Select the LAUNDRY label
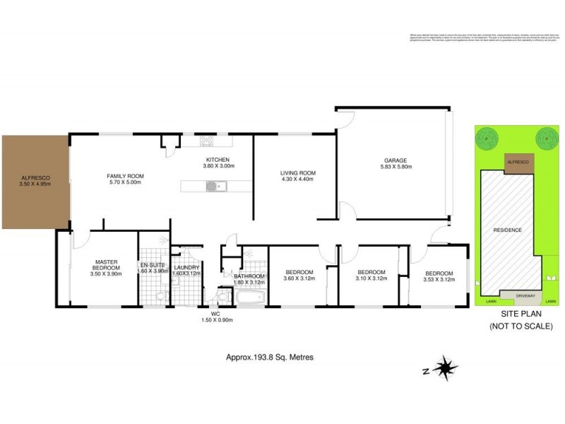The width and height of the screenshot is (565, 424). click(x=186, y=267)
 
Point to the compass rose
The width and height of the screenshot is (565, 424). click(x=445, y=367)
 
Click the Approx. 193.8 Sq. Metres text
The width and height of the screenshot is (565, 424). click(x=265, y=358)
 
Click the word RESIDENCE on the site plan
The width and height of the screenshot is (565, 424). click(x=507, y=230)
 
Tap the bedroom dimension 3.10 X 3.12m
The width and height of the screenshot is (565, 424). click(x=371, y=278)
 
